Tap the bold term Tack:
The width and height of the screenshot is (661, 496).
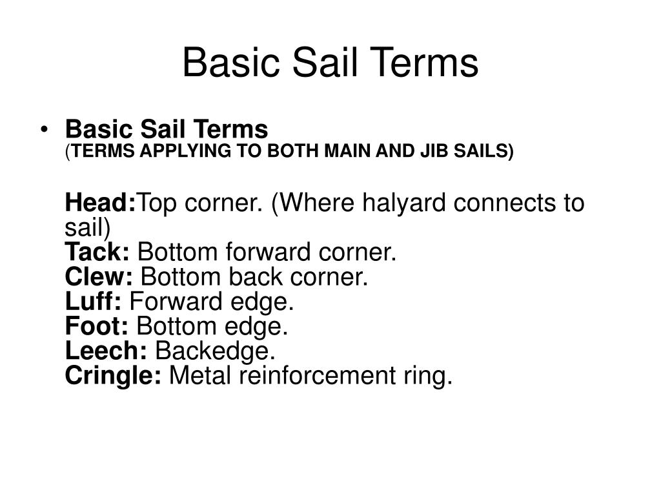pos(98,253)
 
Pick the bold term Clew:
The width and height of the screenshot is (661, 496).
pos(99,277)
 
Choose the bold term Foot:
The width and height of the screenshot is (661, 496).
pos(97,326)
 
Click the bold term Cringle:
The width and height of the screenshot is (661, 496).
pos(114,375)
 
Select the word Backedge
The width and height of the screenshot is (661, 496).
pos(216,351)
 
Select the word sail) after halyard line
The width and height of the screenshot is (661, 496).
pos(88,228)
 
